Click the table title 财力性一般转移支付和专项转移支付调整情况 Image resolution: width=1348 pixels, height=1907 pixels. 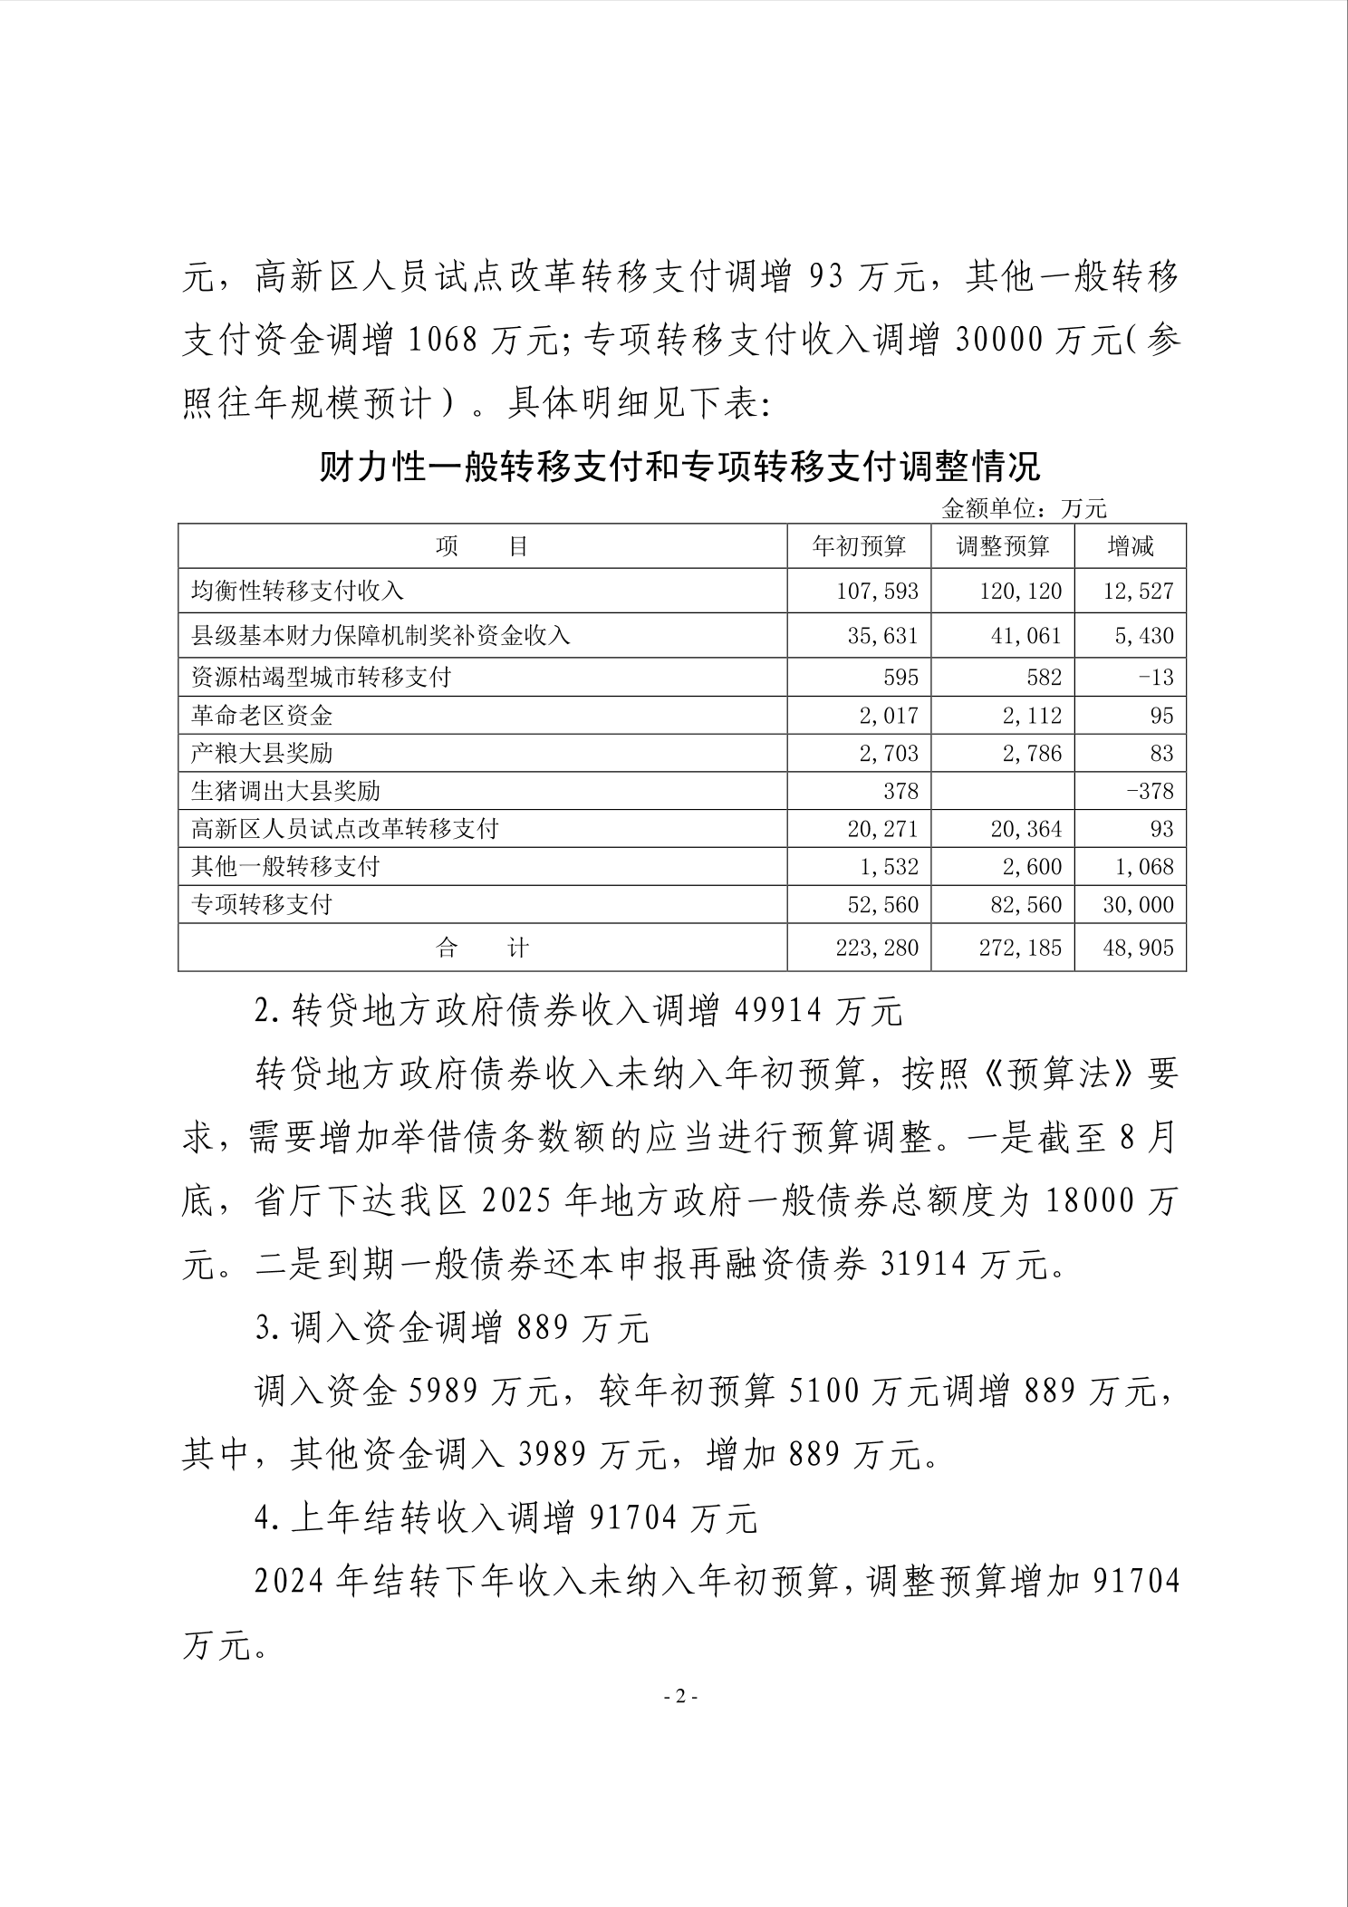click(680, 467)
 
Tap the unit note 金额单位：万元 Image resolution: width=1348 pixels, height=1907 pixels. click(1024, 509)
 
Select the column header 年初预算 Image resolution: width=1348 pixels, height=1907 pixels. click(859, 546)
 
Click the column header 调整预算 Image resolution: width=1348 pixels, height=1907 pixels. click(1003, 546)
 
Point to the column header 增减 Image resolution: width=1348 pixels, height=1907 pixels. click(1131, 546)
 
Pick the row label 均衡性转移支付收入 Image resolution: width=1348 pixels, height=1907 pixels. click(298, 592)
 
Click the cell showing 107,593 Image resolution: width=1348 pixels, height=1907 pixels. click(877, 592)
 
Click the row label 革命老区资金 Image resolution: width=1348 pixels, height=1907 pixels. click(262, 716)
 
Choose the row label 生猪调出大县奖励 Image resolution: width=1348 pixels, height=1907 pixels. click(285, 791)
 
